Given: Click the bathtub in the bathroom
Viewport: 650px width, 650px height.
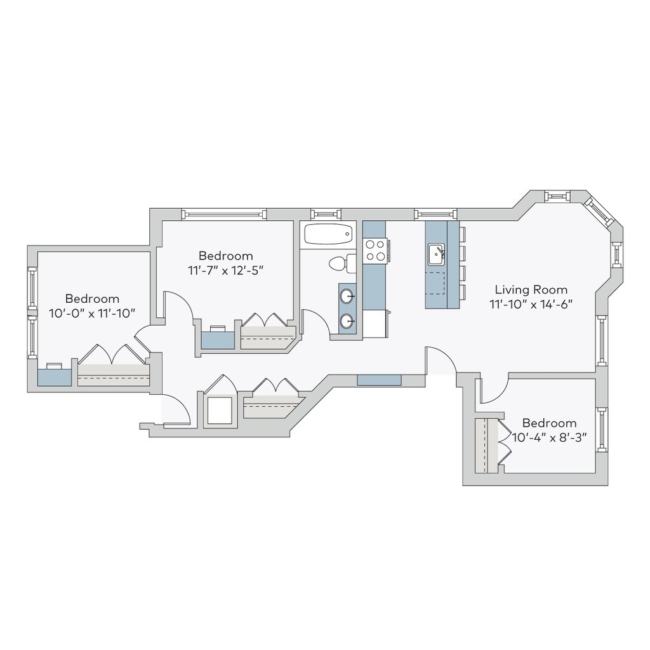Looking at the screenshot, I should click(328, 234).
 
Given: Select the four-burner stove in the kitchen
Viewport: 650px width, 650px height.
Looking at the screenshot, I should click(375, 249).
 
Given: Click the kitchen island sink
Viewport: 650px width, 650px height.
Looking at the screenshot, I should click(436, 254).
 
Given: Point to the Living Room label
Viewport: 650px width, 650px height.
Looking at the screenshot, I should click(531, 289).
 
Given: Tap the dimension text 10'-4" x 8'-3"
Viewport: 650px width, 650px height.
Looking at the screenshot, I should click(549, 437).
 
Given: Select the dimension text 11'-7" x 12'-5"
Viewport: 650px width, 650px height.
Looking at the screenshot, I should click(225, 270).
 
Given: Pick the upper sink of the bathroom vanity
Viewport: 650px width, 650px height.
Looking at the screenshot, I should click(347, 296).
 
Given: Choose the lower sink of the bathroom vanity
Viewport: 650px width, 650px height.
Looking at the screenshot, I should click(347, 321).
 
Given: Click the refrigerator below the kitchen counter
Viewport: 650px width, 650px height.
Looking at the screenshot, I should click(375, 324).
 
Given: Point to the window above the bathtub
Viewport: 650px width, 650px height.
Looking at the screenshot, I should click(326, 213).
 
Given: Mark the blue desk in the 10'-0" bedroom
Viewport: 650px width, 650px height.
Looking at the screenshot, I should click(54, 375).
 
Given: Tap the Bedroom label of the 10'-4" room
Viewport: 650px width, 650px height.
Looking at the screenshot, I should click(549, 423).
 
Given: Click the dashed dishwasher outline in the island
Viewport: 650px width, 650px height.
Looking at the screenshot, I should click(435, 282).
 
